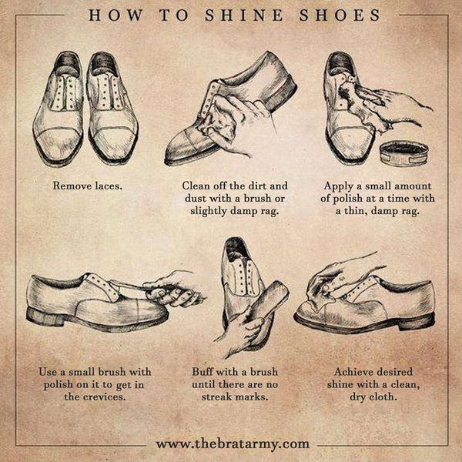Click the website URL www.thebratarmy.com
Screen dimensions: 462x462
[x=233, y=444]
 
